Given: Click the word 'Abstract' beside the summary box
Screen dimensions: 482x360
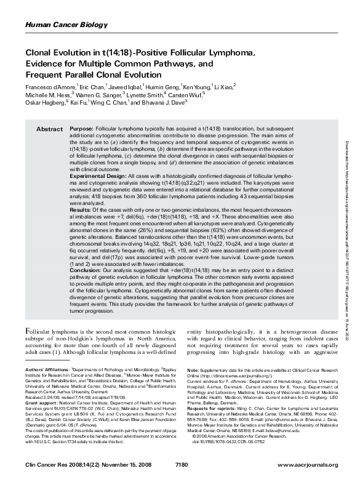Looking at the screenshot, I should [50, 130].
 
